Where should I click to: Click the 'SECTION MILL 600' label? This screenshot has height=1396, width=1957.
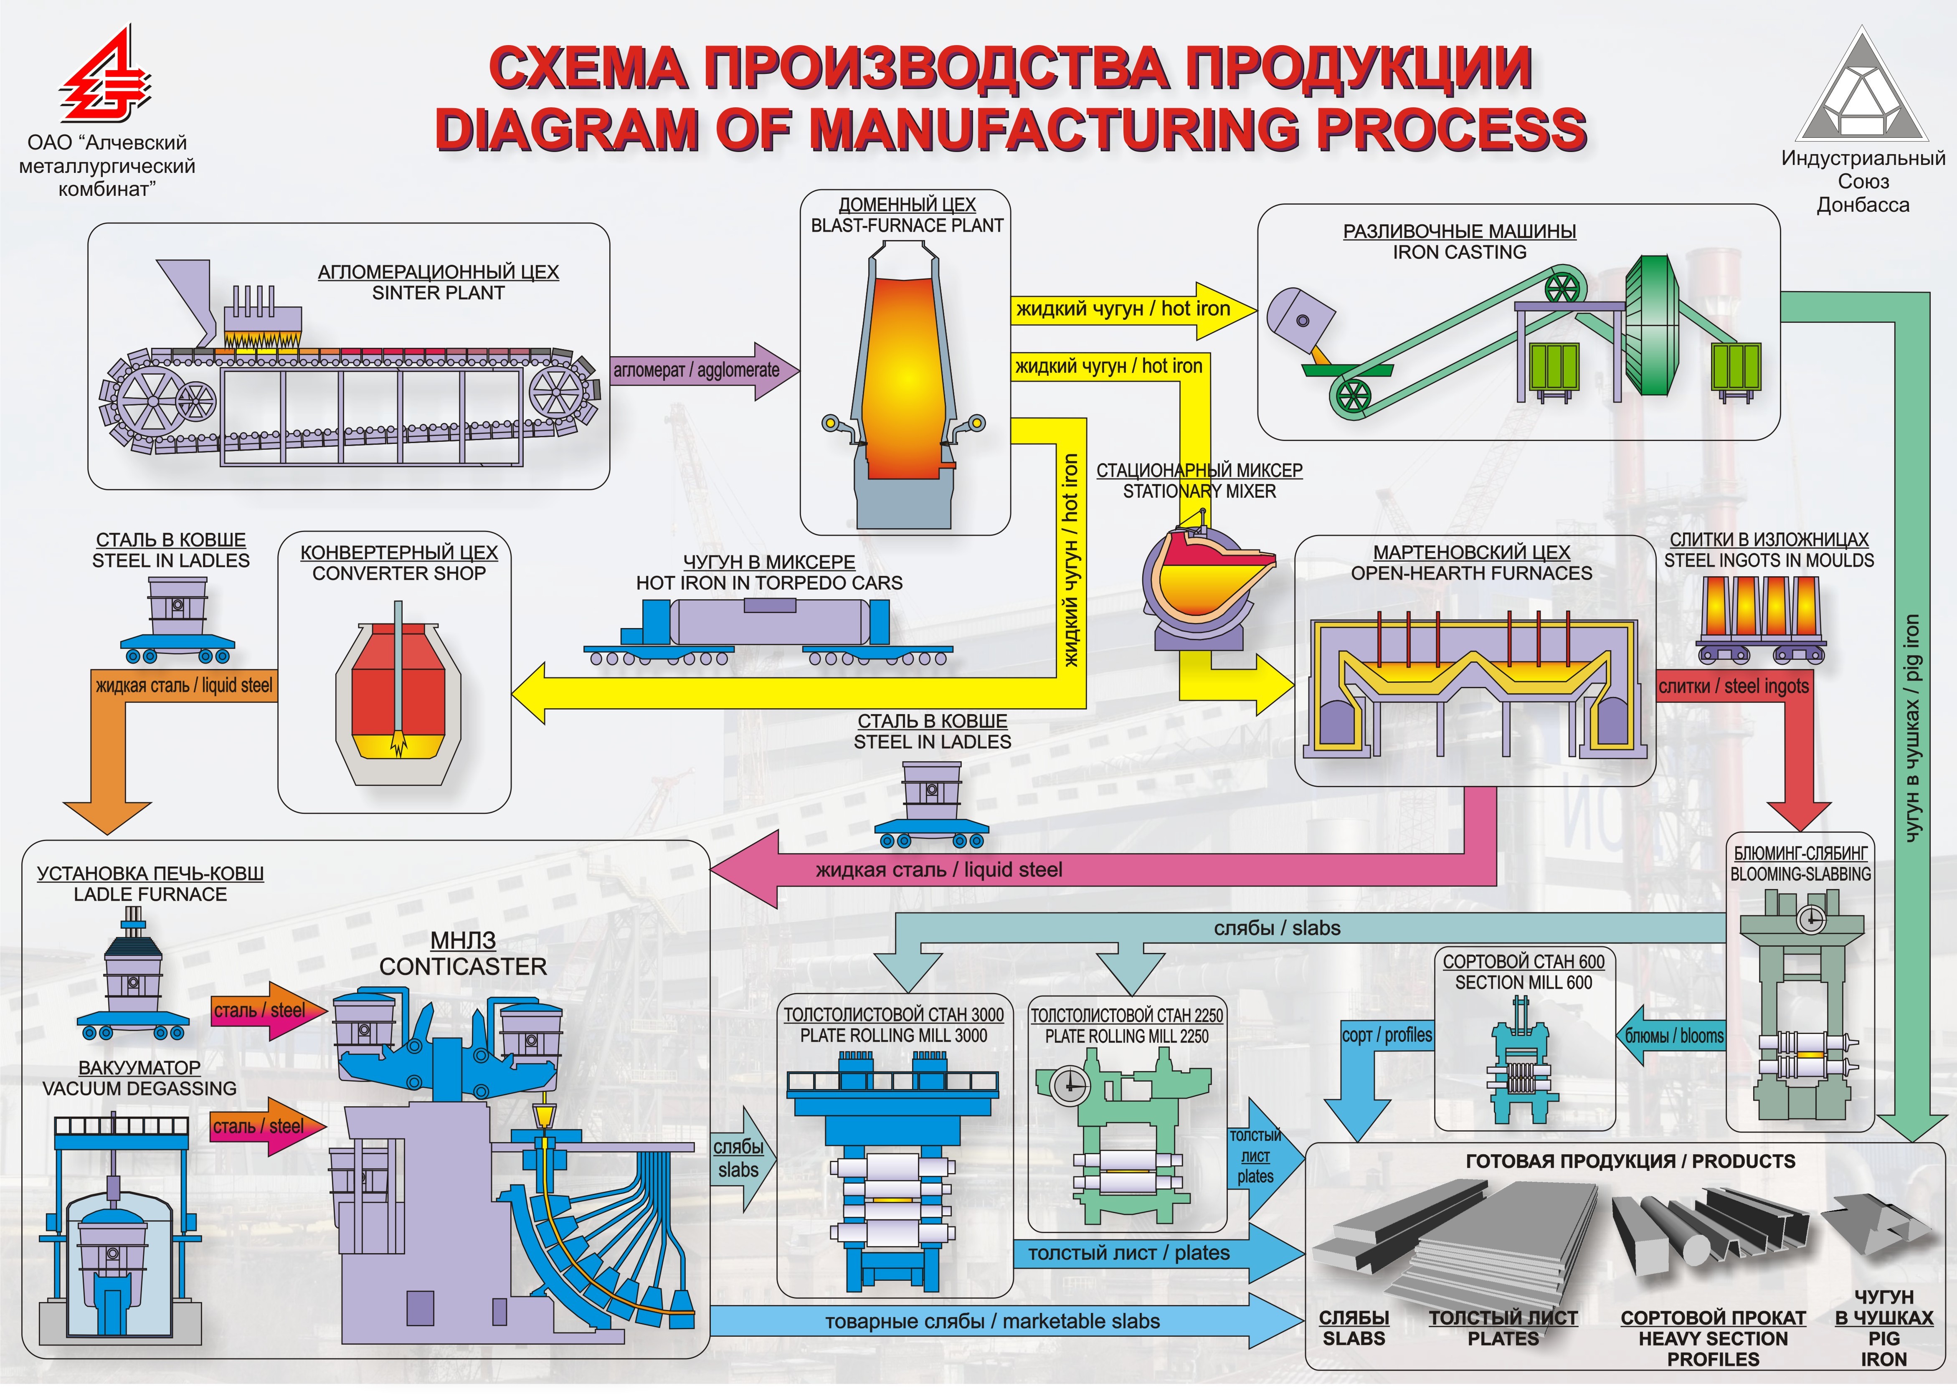click(x=1523, y=983)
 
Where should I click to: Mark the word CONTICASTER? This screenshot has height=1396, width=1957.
click(x=462, y=967)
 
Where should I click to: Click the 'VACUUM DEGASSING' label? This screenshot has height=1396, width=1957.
click(x=139, y=1088)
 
